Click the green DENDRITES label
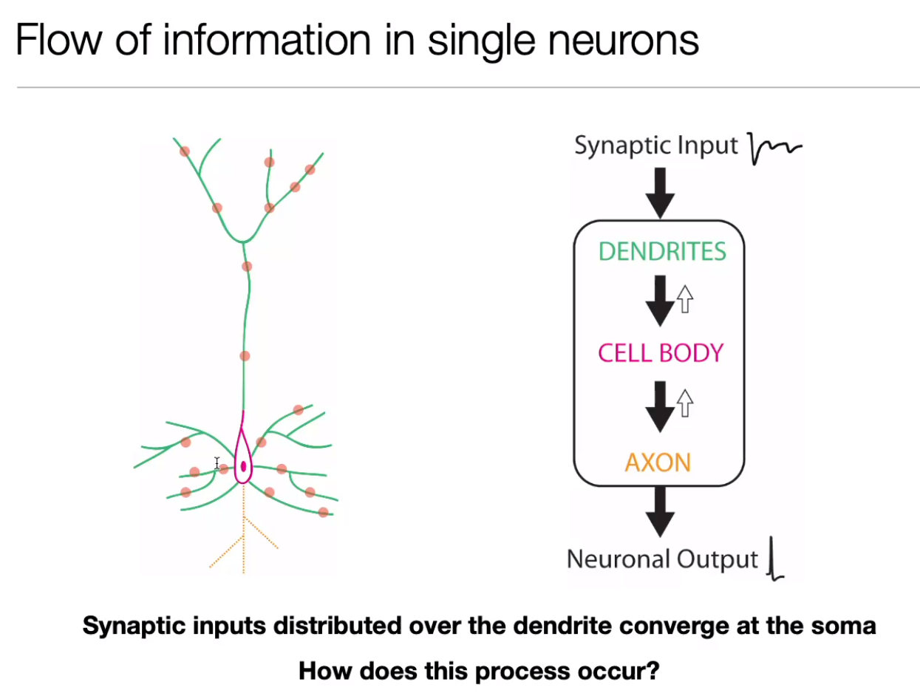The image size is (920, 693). (662, 252)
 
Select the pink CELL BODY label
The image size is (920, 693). (661, 352)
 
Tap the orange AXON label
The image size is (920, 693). (658, 463)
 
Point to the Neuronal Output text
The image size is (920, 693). (662, 559)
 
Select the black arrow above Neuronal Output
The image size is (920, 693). (660, 512)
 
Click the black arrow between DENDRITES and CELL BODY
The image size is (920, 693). (659, 301)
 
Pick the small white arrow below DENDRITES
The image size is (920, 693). (685, 299)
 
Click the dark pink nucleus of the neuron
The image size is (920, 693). (242, 466)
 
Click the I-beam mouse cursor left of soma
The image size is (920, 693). (217, 463)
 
